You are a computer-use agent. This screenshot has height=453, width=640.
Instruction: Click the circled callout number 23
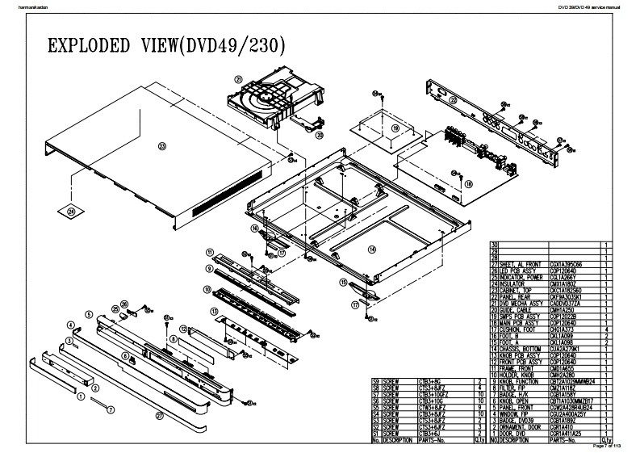pos(162,147)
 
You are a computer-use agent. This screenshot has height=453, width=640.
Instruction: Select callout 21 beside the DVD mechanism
pos(239,79)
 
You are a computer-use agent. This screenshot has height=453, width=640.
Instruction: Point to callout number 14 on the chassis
pos(371,250)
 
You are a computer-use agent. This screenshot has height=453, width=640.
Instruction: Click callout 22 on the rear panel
pos(454,100)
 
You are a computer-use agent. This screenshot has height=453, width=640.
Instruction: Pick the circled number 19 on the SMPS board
pos(395,128)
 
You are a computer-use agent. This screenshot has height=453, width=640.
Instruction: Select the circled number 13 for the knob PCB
pos(214,311)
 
